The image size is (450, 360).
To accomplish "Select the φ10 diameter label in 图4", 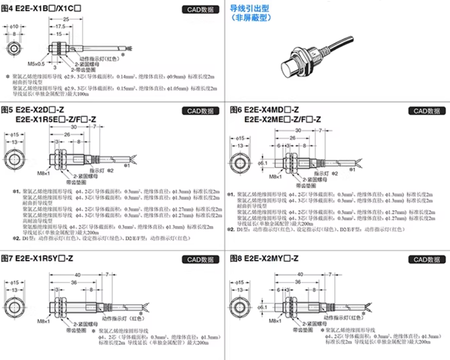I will pos(15,26).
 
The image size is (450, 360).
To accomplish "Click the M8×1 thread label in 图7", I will pos(45,322).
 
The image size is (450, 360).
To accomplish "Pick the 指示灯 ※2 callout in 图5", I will pos(101,170).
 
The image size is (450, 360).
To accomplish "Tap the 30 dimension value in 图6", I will pos(298,131).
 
